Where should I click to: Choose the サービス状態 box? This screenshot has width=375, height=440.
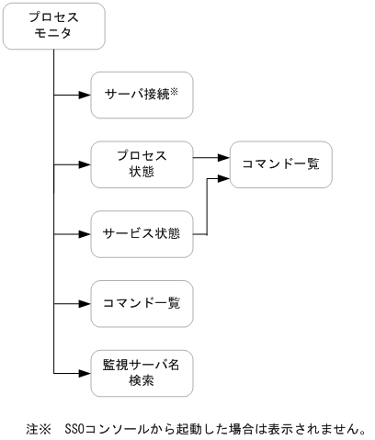(x=142, y=233)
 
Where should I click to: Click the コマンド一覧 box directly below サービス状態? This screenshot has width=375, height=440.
(x=142, y=303)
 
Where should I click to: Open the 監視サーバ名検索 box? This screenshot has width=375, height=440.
(x=142, y=372)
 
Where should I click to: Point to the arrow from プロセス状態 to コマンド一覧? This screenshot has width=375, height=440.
(x=211, y=158)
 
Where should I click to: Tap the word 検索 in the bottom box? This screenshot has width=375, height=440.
(x=142, y=379)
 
